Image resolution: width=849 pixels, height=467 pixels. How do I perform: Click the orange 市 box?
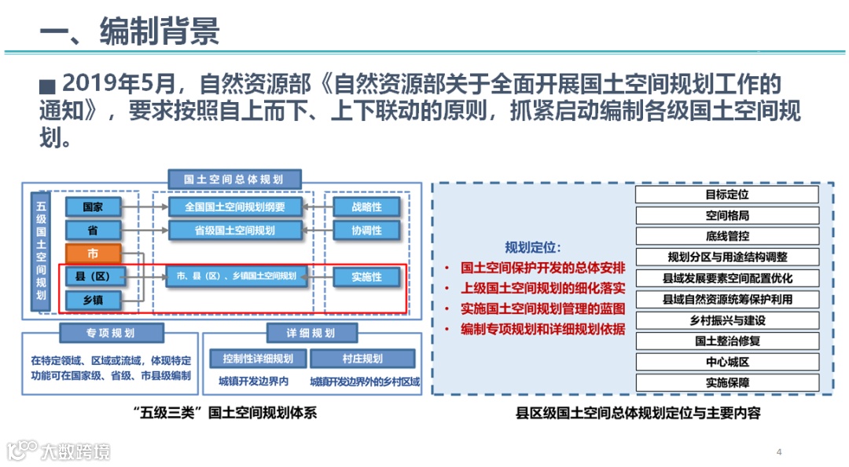[x=93, y=254]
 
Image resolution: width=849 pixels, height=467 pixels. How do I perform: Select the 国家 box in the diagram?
[x=93, y=207]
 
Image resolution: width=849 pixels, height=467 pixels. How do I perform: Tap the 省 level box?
[x=93, y=230]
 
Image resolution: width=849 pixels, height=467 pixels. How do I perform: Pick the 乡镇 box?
[x=93, y=300]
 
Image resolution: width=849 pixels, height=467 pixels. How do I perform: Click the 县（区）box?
[x=93, y=276]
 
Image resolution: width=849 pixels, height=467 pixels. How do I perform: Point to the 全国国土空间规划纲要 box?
[x=235, y=207]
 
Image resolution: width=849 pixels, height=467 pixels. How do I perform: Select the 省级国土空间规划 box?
[x=235, y=230]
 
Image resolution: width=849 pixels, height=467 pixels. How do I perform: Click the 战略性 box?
[x=366, y=207]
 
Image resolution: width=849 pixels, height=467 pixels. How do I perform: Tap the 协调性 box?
[x=366, y=230]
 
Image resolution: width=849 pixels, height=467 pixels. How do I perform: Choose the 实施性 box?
[x=366, y=276]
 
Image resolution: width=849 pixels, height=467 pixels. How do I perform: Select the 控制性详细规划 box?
[x=258, y=359]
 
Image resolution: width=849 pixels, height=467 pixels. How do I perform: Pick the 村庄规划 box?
[x=362, y=359]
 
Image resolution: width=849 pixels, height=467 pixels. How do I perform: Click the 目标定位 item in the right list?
[x=726, y=195]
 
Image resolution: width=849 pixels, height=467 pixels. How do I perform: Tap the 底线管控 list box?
[x=726, y=235]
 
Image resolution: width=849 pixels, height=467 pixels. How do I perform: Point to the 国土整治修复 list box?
[x=726, y=341]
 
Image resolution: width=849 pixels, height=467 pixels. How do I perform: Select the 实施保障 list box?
[x=726, y=383]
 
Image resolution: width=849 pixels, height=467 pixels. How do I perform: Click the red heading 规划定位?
[x=533, y=246]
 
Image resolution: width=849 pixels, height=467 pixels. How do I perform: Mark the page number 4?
[x=778, y=451]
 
